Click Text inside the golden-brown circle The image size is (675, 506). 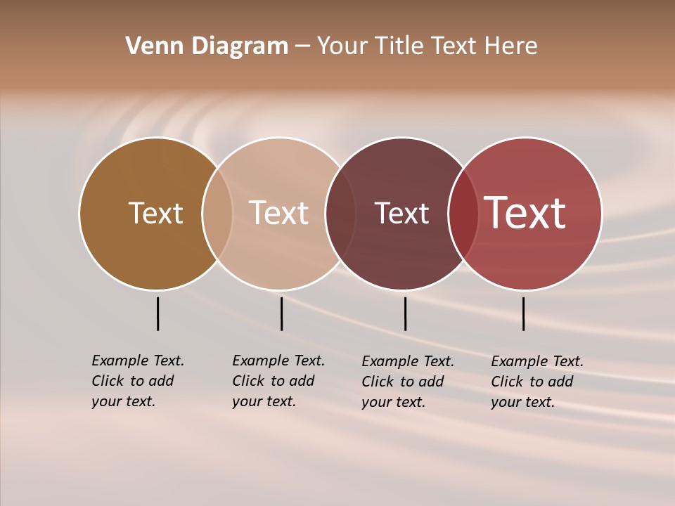(x=155, y=213)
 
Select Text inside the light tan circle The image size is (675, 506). (x=279, y=213)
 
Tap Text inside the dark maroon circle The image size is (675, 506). (x=401, y=214)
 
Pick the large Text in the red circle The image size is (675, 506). (x=525, y=213)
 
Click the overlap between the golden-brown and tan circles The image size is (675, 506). (x=217, y=214)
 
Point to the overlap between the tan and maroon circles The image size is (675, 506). (x=340, y=214)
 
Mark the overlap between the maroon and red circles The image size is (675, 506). (x=463, y=214)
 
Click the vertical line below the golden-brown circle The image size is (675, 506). (x=157, y=313)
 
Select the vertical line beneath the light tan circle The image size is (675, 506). (x=281, y=313)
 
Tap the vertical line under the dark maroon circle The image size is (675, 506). (x=405, y=313)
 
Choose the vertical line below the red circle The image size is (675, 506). (x=523, y=313)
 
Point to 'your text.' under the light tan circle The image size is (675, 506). (x=264, y=401)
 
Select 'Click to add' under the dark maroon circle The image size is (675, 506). (x=403, y=382)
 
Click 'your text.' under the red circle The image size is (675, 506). (x=522, y=402)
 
